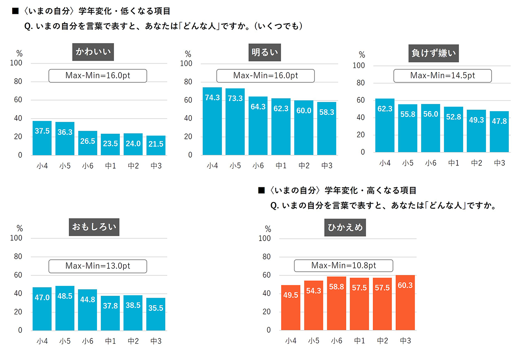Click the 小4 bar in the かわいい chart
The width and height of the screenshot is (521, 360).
[x=42, y=138]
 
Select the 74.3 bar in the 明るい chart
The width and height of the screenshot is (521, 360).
[x=212, y=121]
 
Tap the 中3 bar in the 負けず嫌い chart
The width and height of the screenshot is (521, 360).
[x=499, y=132]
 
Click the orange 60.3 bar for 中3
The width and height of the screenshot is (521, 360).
[x=405, y=303]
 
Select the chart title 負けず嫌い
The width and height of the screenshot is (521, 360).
[x=433, y=53]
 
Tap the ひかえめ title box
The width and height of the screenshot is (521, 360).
[x=345, y=228]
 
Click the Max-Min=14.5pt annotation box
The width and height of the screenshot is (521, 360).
[x=442, y=76]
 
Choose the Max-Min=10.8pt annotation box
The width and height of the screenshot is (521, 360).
[x=343, y=266]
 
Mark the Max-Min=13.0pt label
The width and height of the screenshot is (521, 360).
[x=97, y=266]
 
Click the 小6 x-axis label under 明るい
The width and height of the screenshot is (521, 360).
[x=258, y=166]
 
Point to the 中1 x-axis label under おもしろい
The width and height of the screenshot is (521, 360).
[x=110, y=341]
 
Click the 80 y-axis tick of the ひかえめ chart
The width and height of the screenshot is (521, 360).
[x=266, y=257]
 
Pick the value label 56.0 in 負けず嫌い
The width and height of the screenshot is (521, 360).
[x=431, y=114]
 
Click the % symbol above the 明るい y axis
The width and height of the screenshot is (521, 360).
[x=188, y=54]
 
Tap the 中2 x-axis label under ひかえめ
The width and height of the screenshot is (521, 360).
[x=383, y=341]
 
